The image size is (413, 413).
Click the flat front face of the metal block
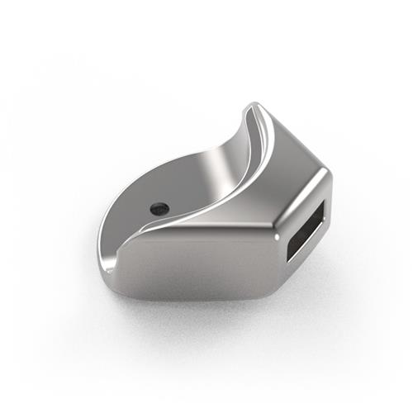198,263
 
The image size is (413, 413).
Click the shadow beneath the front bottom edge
198,307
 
